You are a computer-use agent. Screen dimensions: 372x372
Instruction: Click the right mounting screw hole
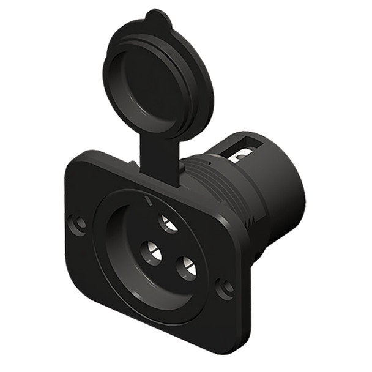point(225,288)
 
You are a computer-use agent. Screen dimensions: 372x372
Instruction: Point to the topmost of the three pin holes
point(168,223)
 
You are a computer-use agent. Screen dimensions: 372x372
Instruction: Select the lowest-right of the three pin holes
point(186,267)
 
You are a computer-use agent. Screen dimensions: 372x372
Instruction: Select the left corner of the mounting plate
point(67,245)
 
